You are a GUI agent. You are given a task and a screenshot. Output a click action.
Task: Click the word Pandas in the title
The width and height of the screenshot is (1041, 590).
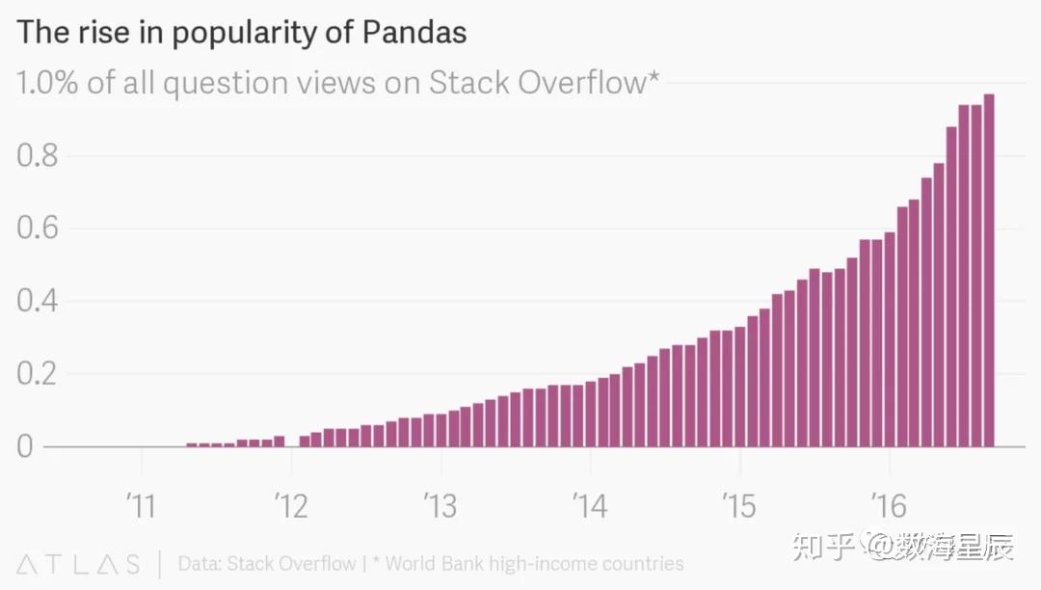click(414, 33)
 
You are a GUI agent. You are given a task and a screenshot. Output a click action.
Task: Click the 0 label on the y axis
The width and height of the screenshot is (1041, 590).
click(25, 447)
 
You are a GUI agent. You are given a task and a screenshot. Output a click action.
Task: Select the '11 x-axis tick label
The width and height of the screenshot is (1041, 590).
click(141, 504)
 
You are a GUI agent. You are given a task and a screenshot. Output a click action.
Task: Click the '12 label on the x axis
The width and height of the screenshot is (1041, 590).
click(290, 504)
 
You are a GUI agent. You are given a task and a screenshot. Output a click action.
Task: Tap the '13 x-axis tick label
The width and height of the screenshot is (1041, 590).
click(440, 504)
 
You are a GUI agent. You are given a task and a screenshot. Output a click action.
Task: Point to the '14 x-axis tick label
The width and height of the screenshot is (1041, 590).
click(589, 504)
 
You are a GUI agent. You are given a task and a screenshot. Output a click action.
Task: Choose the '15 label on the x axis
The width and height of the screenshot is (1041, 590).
click(738, 504)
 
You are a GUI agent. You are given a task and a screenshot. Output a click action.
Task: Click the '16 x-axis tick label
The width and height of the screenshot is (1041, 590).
click(888, 504)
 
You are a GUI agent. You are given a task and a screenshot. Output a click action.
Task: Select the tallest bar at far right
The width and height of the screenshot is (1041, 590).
click(989, 270)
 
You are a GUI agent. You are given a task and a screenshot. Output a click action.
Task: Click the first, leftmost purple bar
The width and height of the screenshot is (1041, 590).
click(191, 444)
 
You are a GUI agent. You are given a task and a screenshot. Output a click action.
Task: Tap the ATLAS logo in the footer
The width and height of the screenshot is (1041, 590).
click(78, 564)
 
